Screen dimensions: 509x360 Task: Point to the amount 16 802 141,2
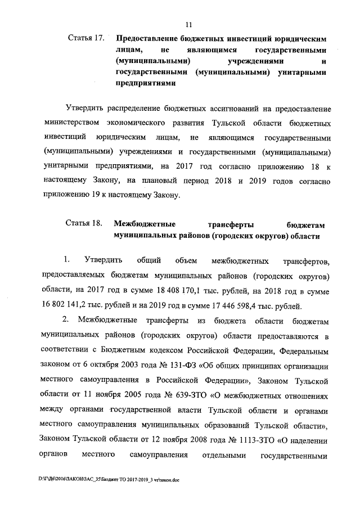pyautogui.click(x=68, y=307)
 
